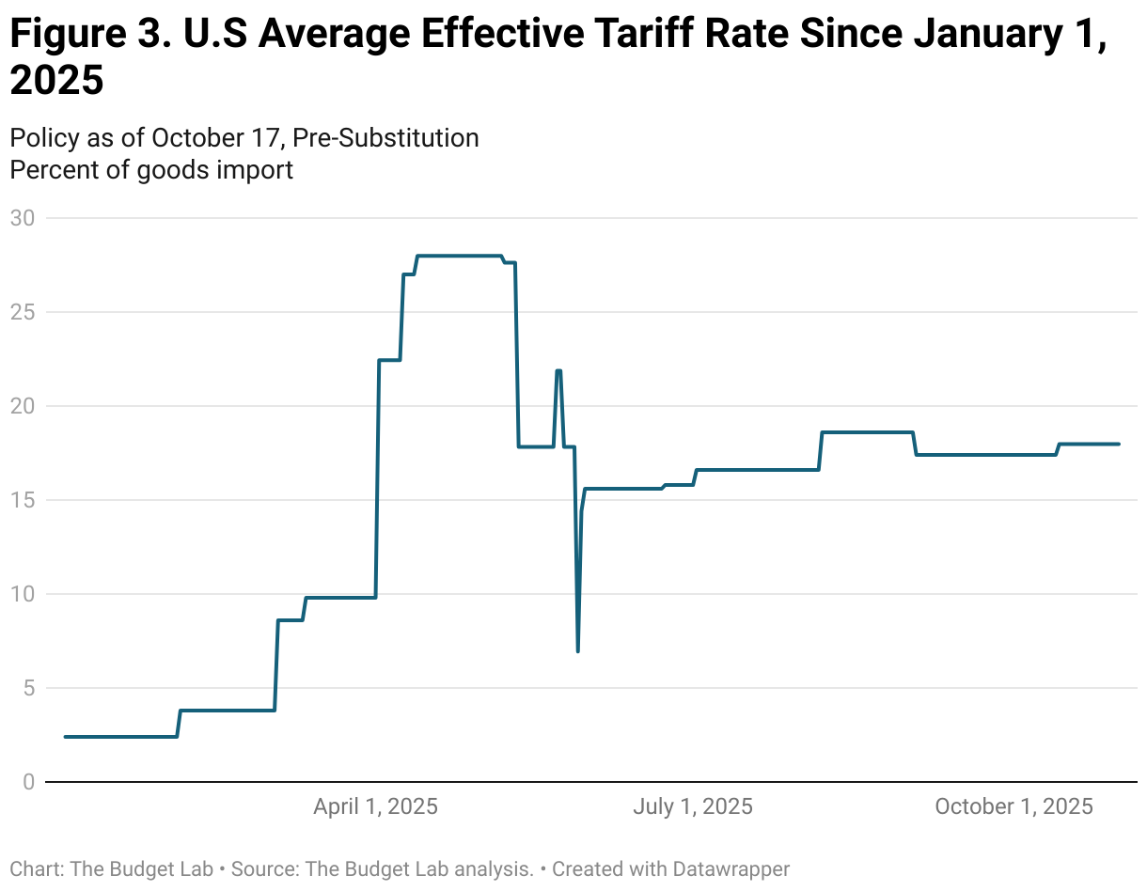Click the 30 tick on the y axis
[22, 218]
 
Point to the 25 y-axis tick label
[22, 312]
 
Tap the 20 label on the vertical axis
[22, 406]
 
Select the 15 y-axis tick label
[22, 500]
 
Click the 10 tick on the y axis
[22, 594]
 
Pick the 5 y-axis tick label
[27, 688]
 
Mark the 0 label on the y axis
[27, 782]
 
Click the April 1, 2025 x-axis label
[375, 806]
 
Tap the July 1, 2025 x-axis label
[693, 806]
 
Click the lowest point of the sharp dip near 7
[577, 650]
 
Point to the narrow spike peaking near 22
[558, 370]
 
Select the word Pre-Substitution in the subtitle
[385, 138]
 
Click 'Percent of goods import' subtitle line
[151, 170]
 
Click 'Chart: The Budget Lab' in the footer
[109, 869]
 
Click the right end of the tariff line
[1119, 444]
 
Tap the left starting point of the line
[65, 737]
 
